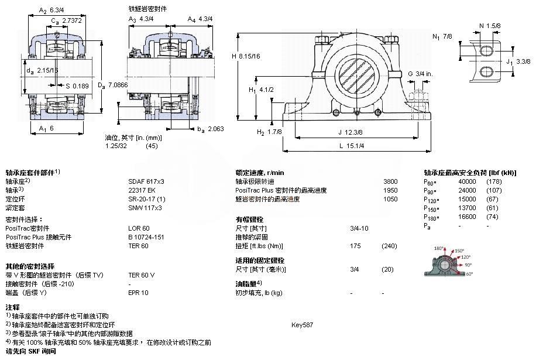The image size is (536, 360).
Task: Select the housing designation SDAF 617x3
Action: point(146,181)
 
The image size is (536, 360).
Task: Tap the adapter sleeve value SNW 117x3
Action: point(145,208)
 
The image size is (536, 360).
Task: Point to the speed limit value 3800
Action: point(390,181)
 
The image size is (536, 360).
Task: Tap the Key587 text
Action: point(303,324)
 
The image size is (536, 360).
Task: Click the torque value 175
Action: point(355,246)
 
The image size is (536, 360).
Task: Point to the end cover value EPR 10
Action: point(139,293)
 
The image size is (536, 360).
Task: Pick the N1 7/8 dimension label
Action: point(442,36)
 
